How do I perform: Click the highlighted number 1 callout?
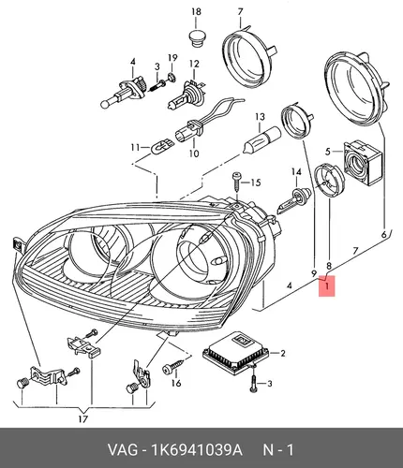pos(326,285)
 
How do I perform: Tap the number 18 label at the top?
pos(196,12)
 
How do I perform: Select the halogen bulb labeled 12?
pos(187,95)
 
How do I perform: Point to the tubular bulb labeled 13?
pos(261,139)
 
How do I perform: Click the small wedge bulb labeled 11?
pos(160,146)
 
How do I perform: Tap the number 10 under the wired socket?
pos(194,154)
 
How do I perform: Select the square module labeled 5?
pos(363,163)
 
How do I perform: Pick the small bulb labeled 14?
pos(293,199)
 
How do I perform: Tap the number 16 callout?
pos(176,383)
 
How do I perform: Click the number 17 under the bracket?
pos(83,419)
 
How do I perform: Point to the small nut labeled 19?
pos(172,76)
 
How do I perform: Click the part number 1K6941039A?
pos(197,450)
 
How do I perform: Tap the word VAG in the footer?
pos(123,450)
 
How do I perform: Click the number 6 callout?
pos(384,234)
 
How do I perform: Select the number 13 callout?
pos(260,117)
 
